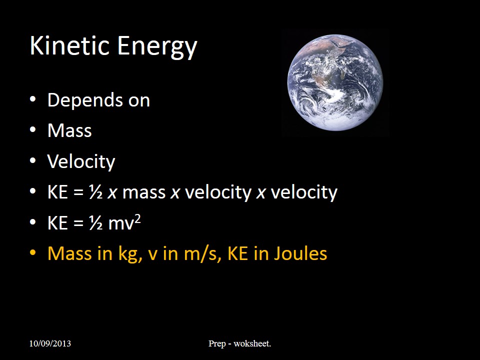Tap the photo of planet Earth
(x=335, y=82)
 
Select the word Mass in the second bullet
(x=69, y=130)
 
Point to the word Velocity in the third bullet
(x=81, y=161)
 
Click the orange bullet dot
(x=33, y=253)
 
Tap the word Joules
(x=300, y=253)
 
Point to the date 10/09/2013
(x=50, y=343)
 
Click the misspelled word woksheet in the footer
(x=252, y=343)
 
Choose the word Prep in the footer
(x=217, y=344)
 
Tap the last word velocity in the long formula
(x=304, y=192)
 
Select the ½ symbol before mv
(x=95, y=222)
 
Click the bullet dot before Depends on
(x=33, y=99)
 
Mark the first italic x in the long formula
(x=112, y=193)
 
